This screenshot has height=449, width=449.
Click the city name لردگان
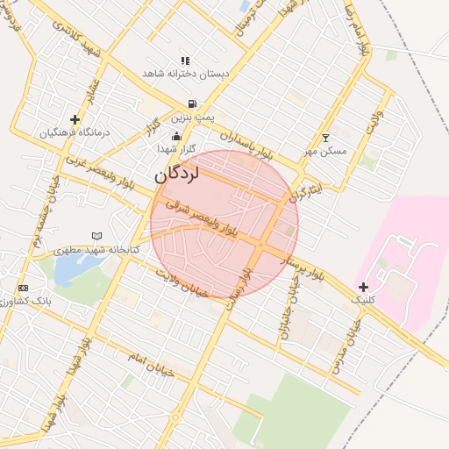[177, 174]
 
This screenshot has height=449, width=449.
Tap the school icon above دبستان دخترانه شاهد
[185, 61]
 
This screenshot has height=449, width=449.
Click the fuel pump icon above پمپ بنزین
[191, 103]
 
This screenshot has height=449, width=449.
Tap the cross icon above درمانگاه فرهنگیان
[75, 118]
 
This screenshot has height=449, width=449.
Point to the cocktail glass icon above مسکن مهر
[325, 138]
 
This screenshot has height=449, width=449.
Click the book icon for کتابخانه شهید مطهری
[96, 236]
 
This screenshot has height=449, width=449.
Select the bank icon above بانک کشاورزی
[23, 288]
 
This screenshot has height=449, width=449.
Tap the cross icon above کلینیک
[364, 286]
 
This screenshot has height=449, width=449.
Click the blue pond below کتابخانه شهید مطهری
[67, 271]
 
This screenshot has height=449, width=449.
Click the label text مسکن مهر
[326, 151]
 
